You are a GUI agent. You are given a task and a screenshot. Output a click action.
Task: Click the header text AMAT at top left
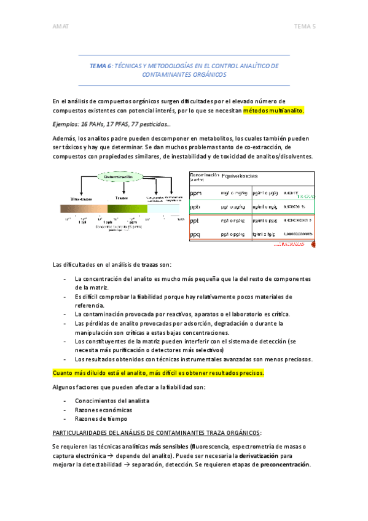click(x=60, y=26)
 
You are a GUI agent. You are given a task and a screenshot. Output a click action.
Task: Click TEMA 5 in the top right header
click(x=305, y=26)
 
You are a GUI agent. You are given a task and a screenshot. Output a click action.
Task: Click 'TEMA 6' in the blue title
click(x=101, y=65)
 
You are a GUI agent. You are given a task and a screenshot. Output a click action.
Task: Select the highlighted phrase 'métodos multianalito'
click(x=273, y=111)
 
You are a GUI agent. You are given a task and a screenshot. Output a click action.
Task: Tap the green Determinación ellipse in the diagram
click(x=120, y=177)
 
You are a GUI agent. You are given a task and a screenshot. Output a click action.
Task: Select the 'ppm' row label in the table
click(x=197, y=194)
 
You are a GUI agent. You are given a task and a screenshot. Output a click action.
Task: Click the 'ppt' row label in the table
click(x=197, y=221)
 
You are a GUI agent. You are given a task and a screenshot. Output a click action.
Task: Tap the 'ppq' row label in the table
click(x=197, y=234)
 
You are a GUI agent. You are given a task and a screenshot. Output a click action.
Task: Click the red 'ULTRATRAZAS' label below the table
click(x=288, y=245)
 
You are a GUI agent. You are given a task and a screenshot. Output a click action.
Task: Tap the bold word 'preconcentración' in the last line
click(x=285, y=464)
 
